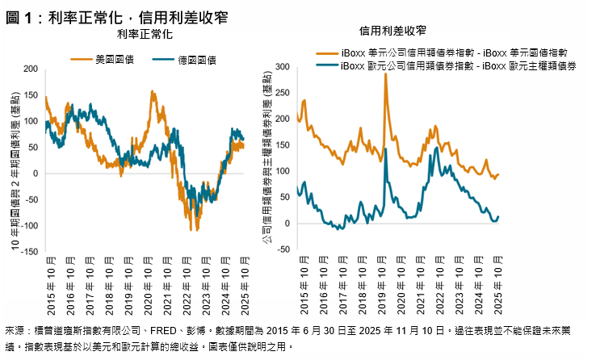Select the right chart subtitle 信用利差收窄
pyautogui.click(x=392, y=30)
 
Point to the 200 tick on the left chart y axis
pyautogui.click(x=30, y=69)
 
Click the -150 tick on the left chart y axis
pyautogui.click(x=28, y=252)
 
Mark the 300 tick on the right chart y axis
pyautogui.click(x=283, y=66)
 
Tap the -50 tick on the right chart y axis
pyautogui.click(x=284, y=249)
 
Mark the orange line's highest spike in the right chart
pyautogui.click(x=385, y=73)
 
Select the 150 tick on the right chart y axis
pyautogui.click(x=283, y=144)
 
